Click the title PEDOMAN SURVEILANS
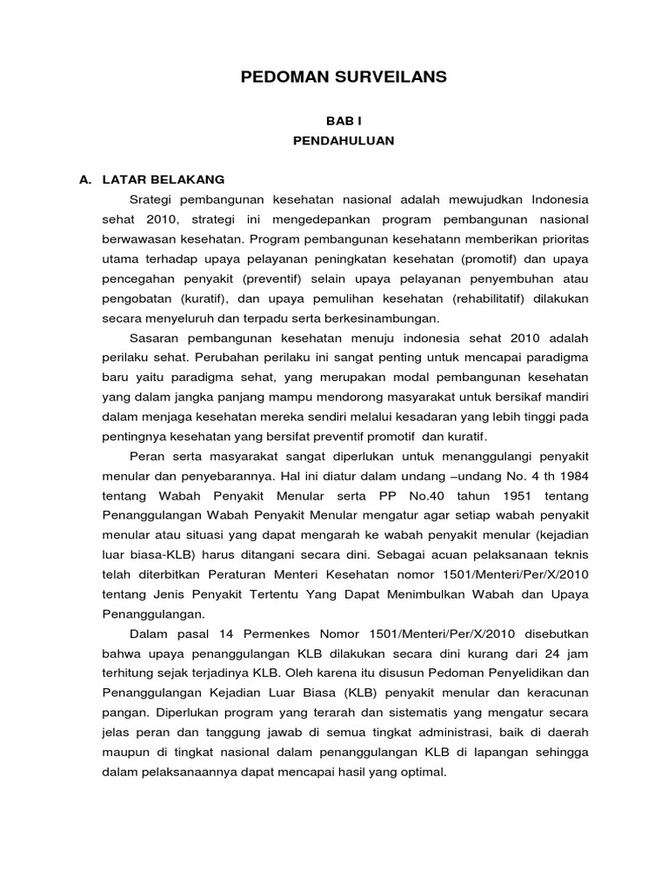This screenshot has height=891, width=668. (x=343, y=77)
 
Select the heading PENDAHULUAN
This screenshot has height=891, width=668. (x=343, y=140)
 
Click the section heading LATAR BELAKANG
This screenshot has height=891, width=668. (x=164, y=179)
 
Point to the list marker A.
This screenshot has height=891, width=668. (x=85, y=179)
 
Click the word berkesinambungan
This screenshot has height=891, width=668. (x=385, y=318)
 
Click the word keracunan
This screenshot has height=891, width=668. (x=556, y=694)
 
